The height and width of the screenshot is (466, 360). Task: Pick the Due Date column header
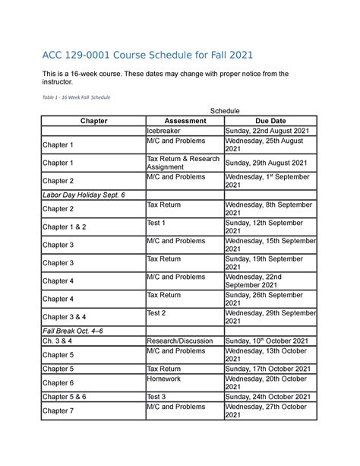[270, 121]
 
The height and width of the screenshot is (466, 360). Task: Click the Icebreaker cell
[163, 131]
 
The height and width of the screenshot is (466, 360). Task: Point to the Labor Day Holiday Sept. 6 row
[84, 195]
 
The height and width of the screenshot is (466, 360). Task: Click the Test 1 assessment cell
[156, 223]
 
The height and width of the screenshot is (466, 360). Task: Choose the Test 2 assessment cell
[156, 312]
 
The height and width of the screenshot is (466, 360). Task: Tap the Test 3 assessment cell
[156, 396]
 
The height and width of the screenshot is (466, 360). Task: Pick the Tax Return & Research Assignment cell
[183, 163]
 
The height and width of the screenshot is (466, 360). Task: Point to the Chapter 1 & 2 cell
[65, 227]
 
